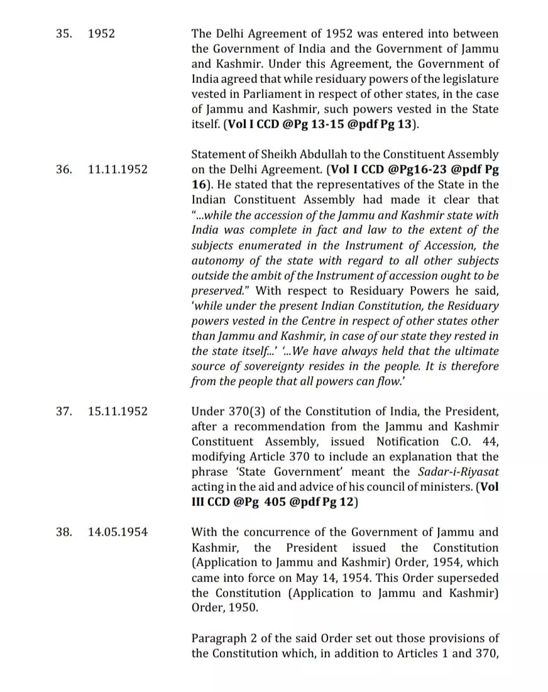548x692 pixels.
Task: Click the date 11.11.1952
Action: point(118,170)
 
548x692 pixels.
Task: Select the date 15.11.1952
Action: point(118,412)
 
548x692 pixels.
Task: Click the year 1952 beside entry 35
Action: point(102,33)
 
